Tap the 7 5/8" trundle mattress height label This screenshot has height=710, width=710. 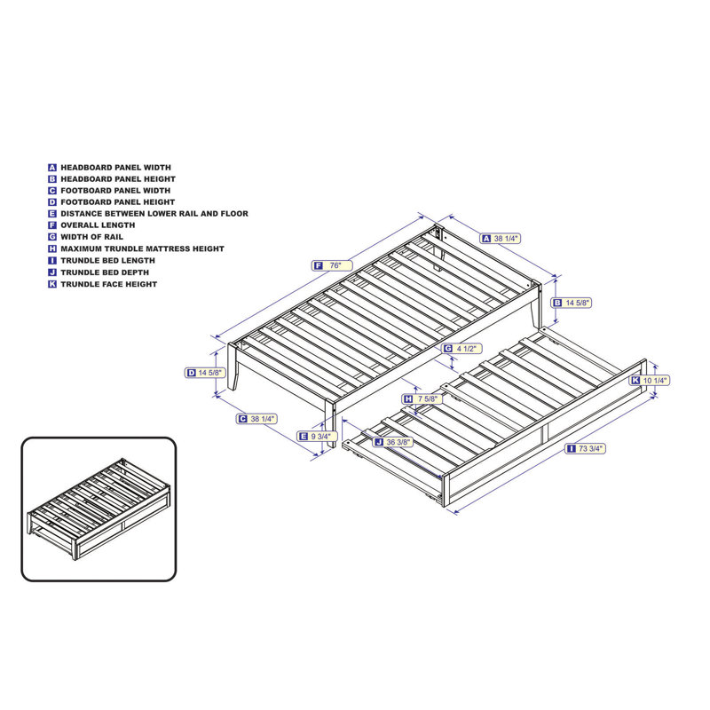427,399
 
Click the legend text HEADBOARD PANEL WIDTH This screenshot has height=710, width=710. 115,167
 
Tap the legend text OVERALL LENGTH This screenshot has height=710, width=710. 98,225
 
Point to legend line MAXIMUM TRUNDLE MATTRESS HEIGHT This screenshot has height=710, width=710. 142,248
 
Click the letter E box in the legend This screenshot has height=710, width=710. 52,214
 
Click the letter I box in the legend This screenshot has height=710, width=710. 52,261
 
